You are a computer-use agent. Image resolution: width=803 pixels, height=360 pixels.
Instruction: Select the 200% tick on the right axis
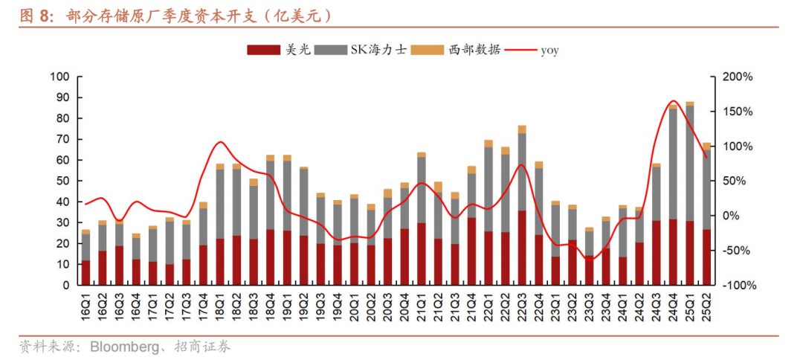coord(738,77)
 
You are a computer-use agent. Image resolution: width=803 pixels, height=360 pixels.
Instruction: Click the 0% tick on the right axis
coord(733,216)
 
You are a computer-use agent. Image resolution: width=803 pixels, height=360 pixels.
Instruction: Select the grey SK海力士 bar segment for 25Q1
coord(690,164)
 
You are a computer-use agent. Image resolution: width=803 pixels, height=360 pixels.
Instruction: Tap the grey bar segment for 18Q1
coord(220,204)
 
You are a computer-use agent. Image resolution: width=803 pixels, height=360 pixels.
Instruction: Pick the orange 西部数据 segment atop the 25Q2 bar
coord(707,147)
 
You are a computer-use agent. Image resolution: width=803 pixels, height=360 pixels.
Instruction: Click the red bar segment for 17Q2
coord(170,274)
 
